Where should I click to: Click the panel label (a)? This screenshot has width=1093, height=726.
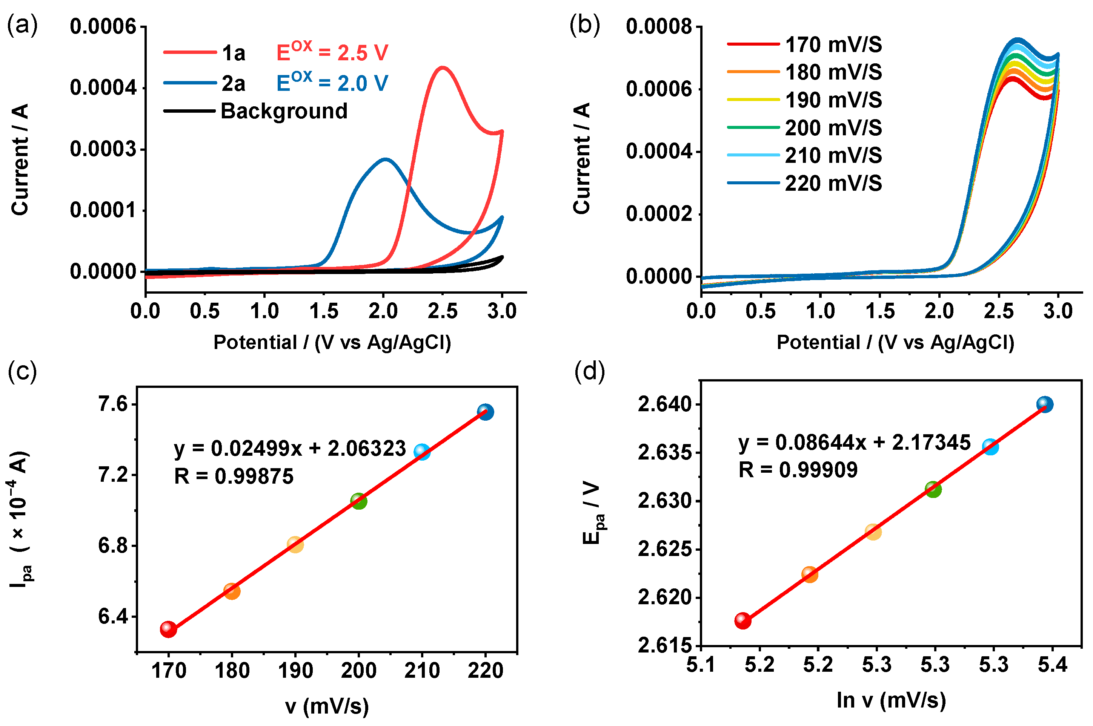coord(22,26)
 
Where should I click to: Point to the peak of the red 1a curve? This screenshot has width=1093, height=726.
coord(443,67)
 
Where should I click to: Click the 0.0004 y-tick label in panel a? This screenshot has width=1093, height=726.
coord(103,87)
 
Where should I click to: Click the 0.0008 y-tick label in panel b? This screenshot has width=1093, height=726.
coord(659,26)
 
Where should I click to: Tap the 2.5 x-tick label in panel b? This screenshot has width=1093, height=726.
coord(998,311)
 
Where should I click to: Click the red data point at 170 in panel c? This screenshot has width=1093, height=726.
coord(168,629)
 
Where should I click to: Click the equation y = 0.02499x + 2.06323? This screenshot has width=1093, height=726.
coord(290,449)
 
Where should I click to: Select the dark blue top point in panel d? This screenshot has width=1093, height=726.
coord(1044,404)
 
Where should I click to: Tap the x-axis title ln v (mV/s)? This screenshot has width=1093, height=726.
coord(890,700)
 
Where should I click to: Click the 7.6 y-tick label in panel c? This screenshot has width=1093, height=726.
coord(112,404)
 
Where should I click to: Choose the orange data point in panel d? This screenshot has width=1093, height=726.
coord(809,574)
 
